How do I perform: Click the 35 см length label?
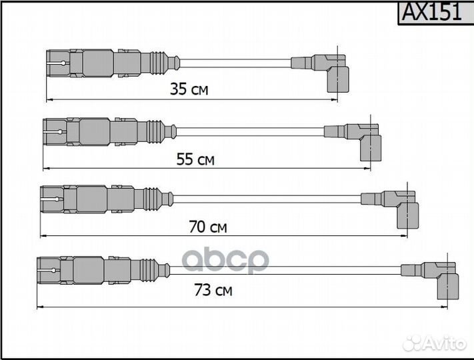(x=189, y=89)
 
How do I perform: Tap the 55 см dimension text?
(x=195, y=159)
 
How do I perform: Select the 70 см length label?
(x=207, y=227)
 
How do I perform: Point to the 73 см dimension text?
(x=214, y=291)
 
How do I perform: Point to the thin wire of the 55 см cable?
(x=250, y=131)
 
